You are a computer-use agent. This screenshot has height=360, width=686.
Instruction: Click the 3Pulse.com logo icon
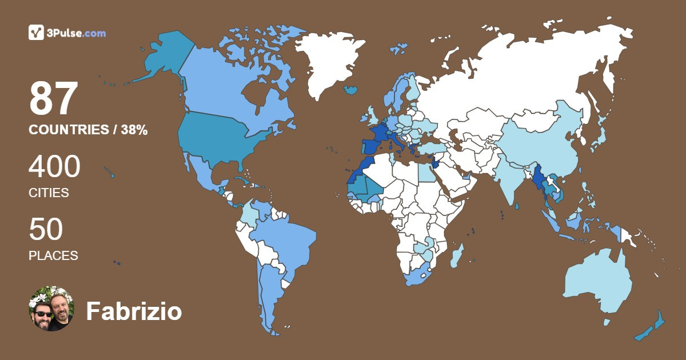coord(36,33)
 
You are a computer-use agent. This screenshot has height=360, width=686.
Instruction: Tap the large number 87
coord(53,98)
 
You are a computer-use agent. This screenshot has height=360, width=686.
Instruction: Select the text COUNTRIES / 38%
coord(88,130)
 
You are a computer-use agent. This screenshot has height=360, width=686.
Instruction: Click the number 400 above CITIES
coord(54,167)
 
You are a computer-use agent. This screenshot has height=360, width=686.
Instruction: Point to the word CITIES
coord(49,193)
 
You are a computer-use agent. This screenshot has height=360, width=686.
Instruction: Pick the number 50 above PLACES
coord(46,230)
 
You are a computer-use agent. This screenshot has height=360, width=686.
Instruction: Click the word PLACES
coord(53,255)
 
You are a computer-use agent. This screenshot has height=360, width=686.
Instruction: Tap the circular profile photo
coord(51,309)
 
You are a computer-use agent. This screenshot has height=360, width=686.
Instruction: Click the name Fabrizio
coord(134,311)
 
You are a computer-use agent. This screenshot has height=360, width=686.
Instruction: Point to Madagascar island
coord(457,255)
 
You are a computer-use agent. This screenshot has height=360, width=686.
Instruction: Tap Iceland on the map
coord(351,90)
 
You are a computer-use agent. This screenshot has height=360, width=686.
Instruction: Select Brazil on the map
coord(286,240)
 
